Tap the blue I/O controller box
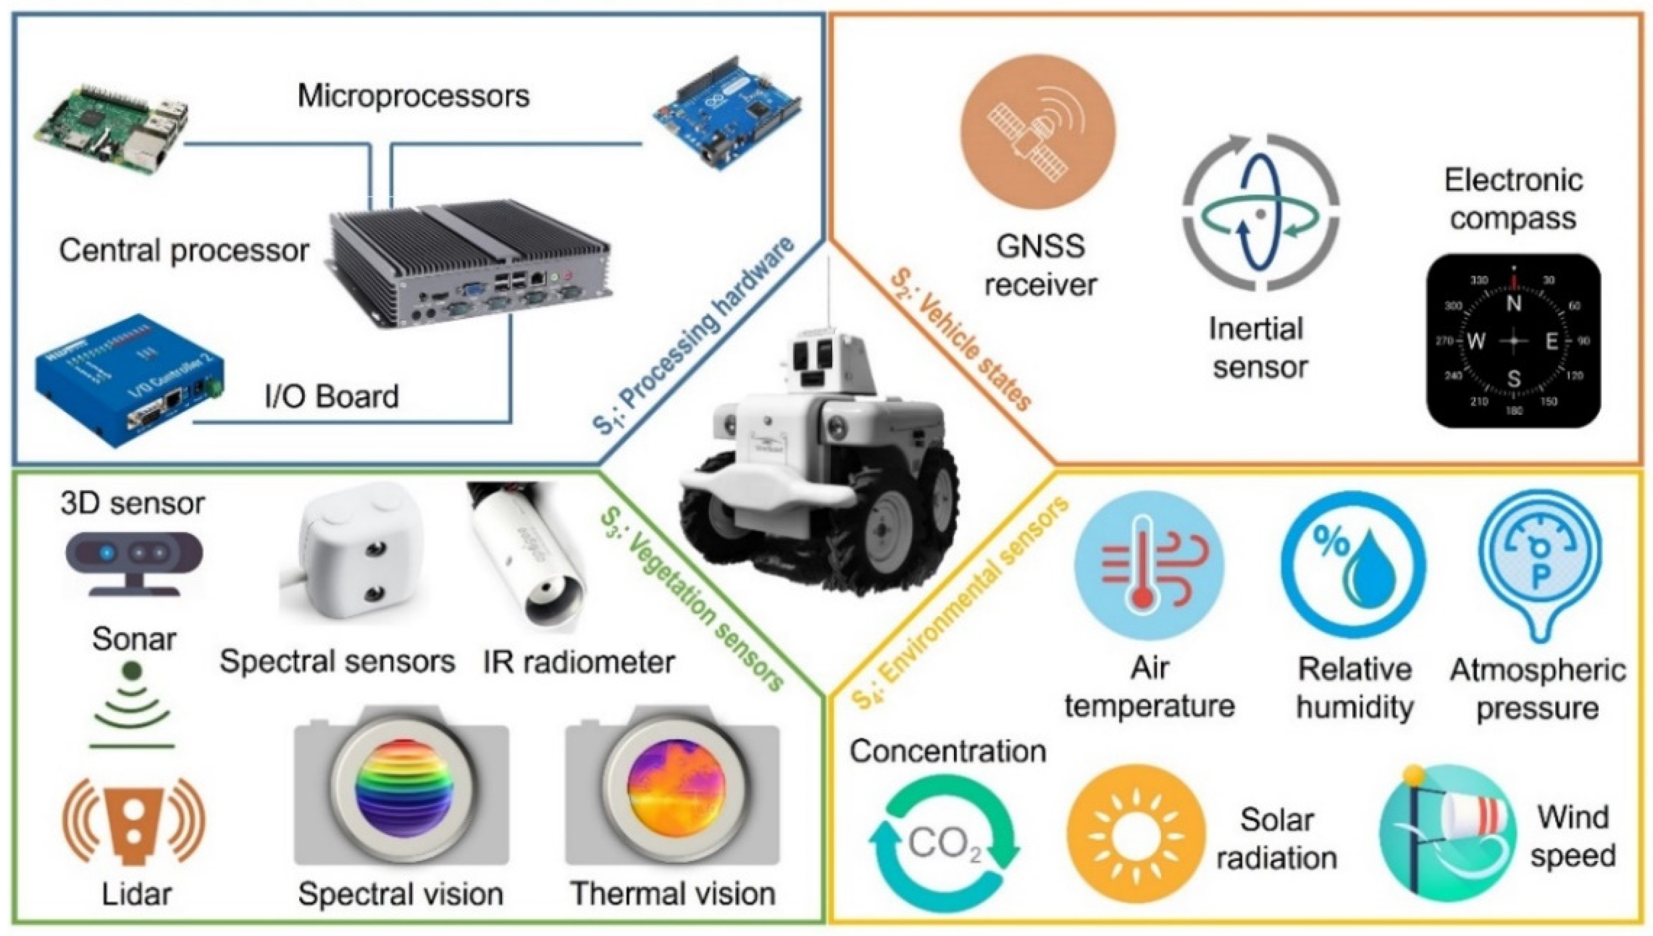pyautogui.click(x=129, y=380)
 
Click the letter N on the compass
pyautogui.click(x=1513, y=303)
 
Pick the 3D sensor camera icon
pyautogui.click(x=134, y=559)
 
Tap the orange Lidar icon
pyautogui.click(x=134, y=823)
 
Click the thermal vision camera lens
pyautogui.click(x=671, y=795)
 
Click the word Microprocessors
pyautogui.click(x=413, y=97)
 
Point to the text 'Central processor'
pyautogui.click(x=184, y=251)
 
